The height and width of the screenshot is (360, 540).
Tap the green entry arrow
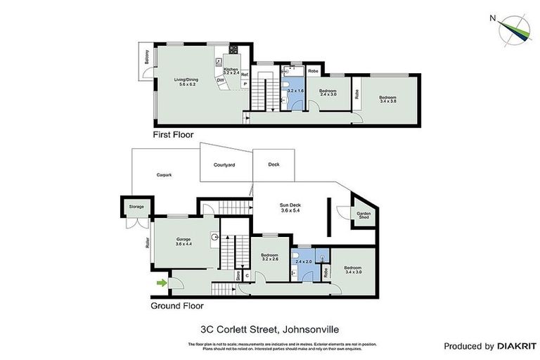pos(162,283)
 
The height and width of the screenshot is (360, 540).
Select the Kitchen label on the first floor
pos(231,70)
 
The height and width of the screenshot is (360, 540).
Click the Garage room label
pos(184,242)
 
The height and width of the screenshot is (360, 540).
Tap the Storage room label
pos(136,207)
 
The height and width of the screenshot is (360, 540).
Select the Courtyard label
pos(224,165)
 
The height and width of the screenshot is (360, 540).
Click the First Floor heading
pos(173,134)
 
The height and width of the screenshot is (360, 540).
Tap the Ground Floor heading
pos(177,306)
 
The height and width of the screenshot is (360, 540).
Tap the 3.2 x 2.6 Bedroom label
pos(270,257)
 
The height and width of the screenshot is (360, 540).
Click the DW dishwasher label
pos(220,80)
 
